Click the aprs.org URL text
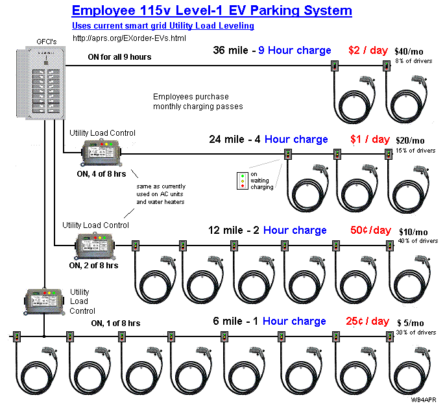(x=129, y=38)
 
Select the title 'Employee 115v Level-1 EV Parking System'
(x=211, y=11)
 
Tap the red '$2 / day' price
(x=368, y=50)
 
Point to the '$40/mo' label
(x=409, y=51)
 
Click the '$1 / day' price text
(x=370, y=139)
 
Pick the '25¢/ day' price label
(x=363, y=321)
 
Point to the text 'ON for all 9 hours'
(x=119, y=57)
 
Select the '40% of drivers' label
(x=418, y=241)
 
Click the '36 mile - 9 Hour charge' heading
(x=271, y=50)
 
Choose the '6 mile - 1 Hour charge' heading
(x=269, y=321)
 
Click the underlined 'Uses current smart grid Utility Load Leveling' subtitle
(x=163, y=25)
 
